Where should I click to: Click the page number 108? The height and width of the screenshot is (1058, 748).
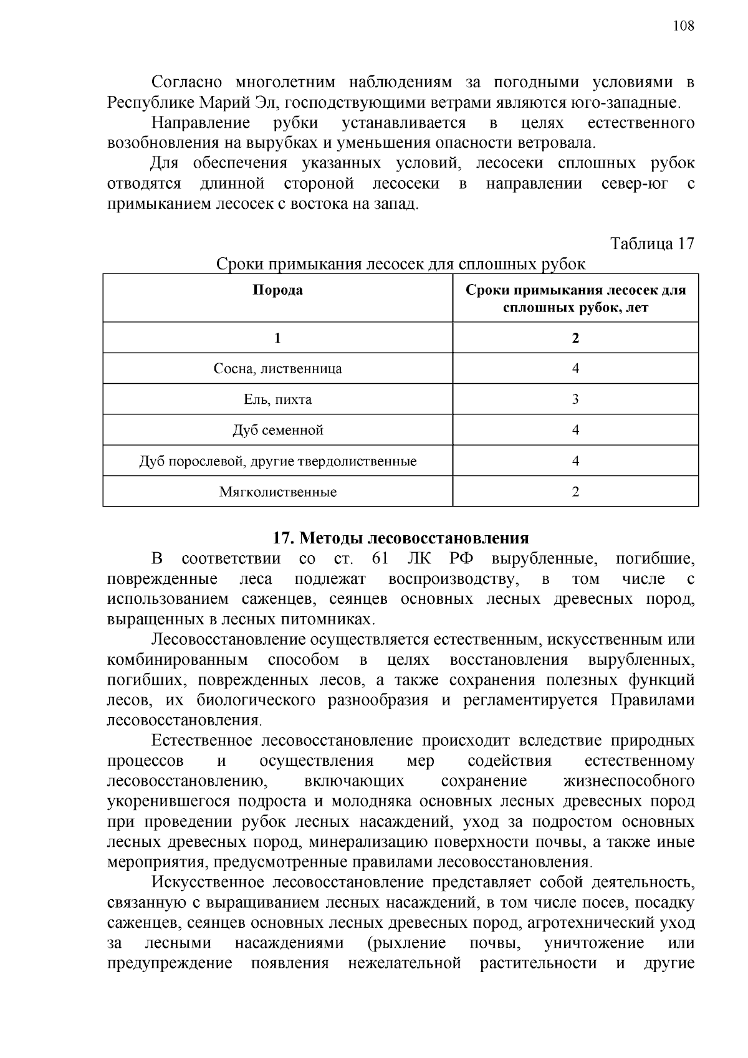tap(683, 26)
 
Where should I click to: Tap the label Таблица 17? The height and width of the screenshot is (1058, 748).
tap(652, 243)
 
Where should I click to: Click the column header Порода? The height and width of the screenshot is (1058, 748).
tap(277, 290)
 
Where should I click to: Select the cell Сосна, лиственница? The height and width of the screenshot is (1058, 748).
tap(277, 369)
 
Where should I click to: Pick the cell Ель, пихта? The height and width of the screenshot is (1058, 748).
tap(277, 399)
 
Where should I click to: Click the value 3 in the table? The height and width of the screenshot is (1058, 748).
tap(575, 399)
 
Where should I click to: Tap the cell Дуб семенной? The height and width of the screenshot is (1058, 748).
tap(277, 431)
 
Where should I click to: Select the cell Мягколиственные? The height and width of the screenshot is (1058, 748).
tap(277, 492)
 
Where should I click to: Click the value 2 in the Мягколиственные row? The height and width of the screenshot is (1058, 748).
tap(575, 492)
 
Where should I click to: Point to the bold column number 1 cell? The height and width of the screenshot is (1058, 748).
tap(277, 338)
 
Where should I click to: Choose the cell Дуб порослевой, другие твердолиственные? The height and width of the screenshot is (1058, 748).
tap(277, 462)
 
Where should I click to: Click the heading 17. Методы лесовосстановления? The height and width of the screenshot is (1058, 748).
tap(400, 538)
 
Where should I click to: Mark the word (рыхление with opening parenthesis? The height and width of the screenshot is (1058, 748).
tap(407, 943)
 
